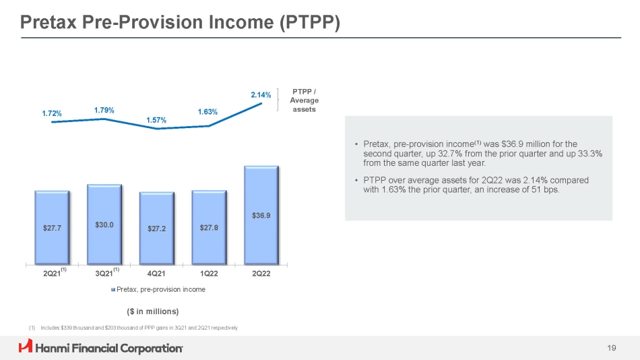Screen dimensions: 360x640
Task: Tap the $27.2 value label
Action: click(156, 228)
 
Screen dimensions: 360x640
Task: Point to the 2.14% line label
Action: click(261, 96)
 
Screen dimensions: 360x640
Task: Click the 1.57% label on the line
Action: click(156, 120)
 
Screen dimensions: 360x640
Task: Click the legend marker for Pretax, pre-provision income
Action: click(113, 290)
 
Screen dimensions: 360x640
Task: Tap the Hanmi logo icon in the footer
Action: click(26, 347)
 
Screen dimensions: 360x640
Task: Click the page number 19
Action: click(611, 348)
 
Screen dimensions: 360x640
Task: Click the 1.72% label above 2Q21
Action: click(51, 114)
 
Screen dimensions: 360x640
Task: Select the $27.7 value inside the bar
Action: click(52, 228)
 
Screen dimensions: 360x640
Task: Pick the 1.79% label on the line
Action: click(104, 109)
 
